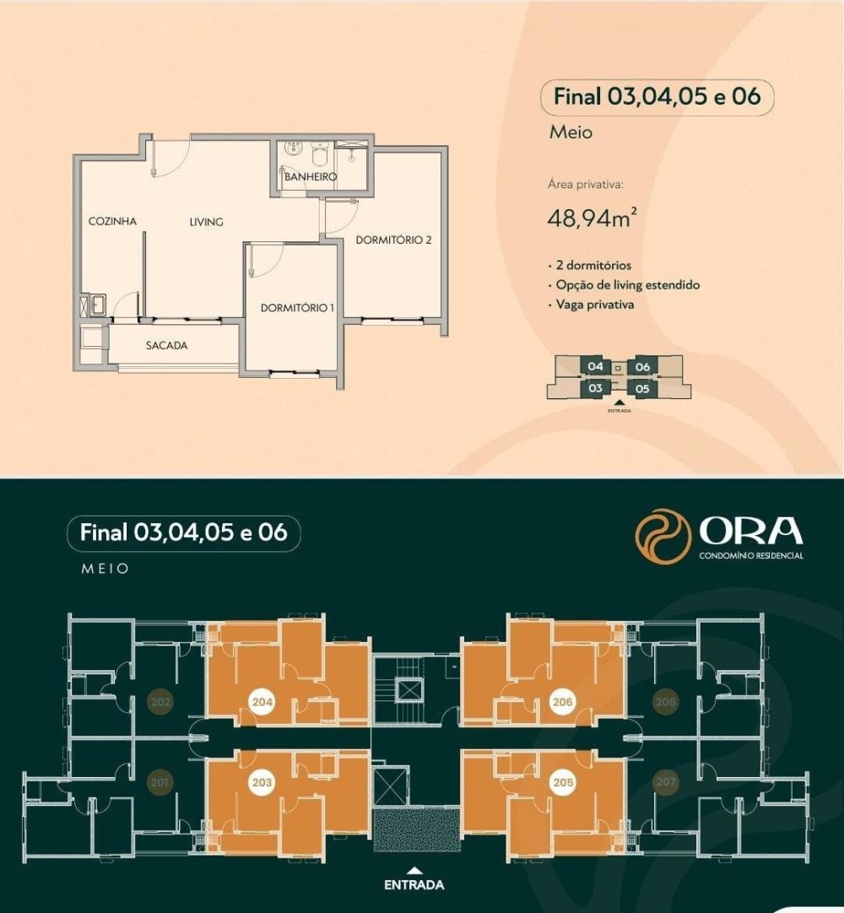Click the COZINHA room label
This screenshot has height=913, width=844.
[112, 221]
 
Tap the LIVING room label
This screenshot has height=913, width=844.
[206, 222]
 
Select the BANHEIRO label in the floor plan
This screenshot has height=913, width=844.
[311, 176]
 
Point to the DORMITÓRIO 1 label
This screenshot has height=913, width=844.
[297, 308]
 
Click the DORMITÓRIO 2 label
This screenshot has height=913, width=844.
[394, 240]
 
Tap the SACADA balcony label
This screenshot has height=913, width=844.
[166, 345]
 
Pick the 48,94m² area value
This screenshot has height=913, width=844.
[591, 219]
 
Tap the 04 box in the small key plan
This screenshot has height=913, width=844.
[595, 366]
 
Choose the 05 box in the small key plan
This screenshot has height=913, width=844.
[642, 388]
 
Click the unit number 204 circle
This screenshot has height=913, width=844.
[262, 702]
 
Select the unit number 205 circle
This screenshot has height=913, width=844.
[563, 782]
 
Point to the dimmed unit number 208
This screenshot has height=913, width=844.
[666, 702]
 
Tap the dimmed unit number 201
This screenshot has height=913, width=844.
[160, 782]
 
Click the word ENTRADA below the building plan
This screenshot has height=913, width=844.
[414, 884]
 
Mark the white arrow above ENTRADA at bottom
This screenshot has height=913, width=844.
[414, 871]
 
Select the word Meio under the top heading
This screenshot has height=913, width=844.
[571, 132]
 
